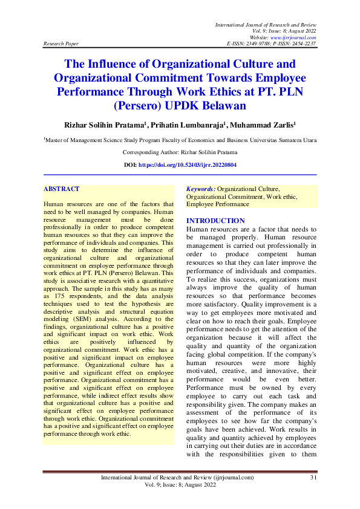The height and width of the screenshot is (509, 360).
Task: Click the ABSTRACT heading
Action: [x=62, y=189]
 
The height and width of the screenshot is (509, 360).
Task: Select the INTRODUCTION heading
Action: [x=215, y=221]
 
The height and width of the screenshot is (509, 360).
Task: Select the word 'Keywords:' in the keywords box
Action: [x=201, y=189]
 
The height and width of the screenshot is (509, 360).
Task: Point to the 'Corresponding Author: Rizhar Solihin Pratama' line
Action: [x=180, y=152]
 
